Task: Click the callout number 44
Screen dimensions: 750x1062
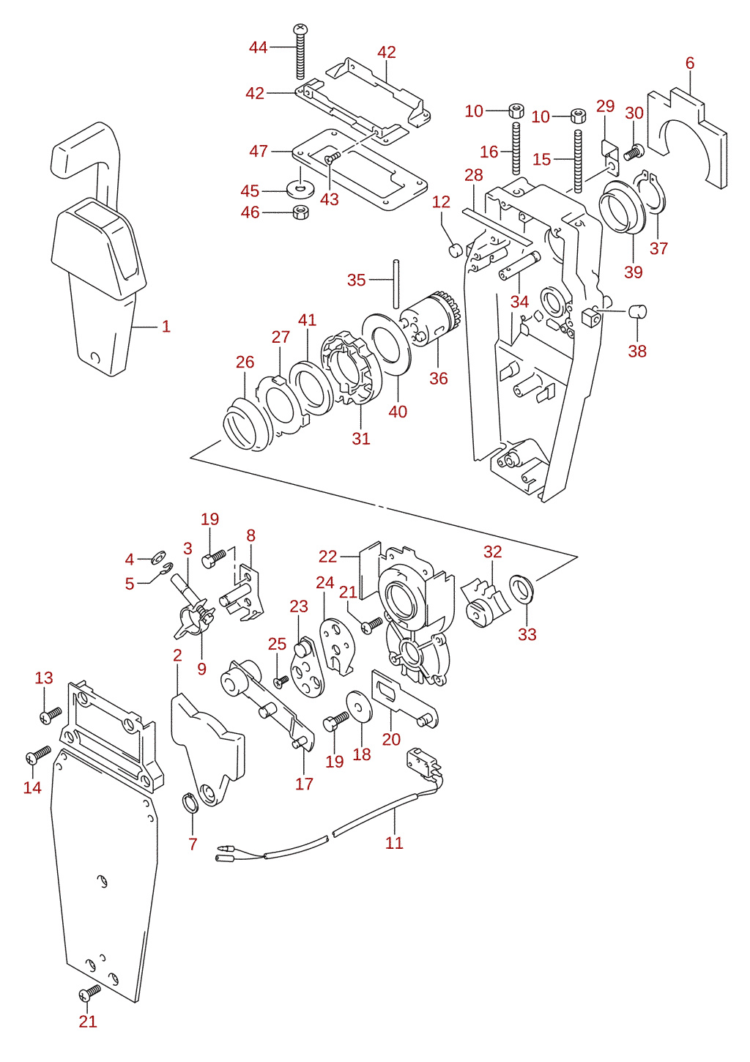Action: pyautogui.click(x=259, y=48)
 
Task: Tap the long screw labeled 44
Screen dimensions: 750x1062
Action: pyautogui.click(x=300, y=52)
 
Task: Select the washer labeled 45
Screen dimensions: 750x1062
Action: pyautogui.click(x=297, y=189)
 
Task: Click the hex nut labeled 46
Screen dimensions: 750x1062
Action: pyautogui.click(x=300, y=212)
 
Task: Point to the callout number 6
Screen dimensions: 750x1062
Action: pyautogui.click(x=690, y=62)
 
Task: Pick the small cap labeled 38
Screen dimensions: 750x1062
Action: pyautogui.click(x=638, y=311)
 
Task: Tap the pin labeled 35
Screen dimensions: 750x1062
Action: pyautogui.click(x=396, y=283)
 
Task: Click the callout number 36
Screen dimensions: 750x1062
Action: pyautogui.click(x=439, y=378)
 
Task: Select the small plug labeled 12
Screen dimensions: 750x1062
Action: pyautogui.click(x=455, y=249)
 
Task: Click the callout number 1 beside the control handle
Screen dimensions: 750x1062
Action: pyautogui.click(x=166, y=326)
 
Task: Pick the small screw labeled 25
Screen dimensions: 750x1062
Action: pyautogui.click(x=281, y=681)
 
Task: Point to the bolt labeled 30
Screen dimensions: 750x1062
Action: pyautogui.click(x=632, y=152)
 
